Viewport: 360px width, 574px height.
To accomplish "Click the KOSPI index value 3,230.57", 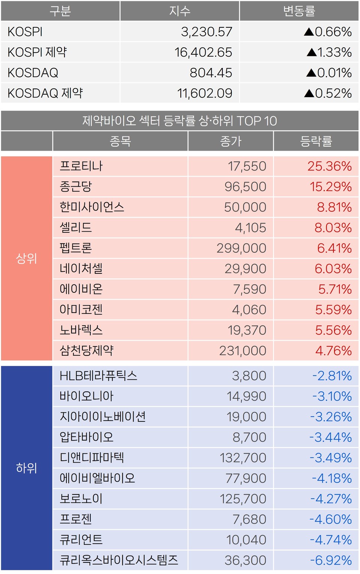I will pos(207,32).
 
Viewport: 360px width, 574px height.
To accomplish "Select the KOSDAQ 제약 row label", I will pos(45,93).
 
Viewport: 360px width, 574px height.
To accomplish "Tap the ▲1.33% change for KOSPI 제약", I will pos(329,52).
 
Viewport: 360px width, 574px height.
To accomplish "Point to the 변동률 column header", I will pos(299,11).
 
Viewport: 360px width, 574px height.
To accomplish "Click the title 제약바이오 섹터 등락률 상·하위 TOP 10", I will pos(180,121).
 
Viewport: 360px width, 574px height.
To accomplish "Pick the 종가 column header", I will pos(231,141).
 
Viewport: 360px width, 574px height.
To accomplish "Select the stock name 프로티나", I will pos(81,166).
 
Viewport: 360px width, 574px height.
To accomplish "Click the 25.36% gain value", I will pos(329,166).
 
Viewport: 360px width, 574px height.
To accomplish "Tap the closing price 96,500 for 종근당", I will pos(245,187).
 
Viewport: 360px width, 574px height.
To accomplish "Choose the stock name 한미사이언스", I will pos(92,207).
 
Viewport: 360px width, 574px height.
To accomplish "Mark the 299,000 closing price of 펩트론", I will pos(241,248).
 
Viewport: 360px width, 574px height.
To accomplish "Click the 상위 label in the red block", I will pos(27,258).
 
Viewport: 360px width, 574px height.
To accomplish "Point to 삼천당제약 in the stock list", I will pos(87,351).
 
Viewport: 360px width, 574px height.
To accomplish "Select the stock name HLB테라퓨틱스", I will pos(98,376).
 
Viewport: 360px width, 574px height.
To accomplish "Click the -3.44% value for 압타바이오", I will pos(330,437).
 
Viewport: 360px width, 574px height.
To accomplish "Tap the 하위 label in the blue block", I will pos(27,468).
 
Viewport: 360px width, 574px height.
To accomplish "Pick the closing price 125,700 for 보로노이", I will pos(243,499).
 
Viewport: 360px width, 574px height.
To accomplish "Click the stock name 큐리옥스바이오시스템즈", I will pos(119,560).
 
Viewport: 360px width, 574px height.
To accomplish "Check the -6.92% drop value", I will pos(330,560).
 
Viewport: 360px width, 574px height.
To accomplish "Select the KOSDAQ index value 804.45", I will pos(211,73).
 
